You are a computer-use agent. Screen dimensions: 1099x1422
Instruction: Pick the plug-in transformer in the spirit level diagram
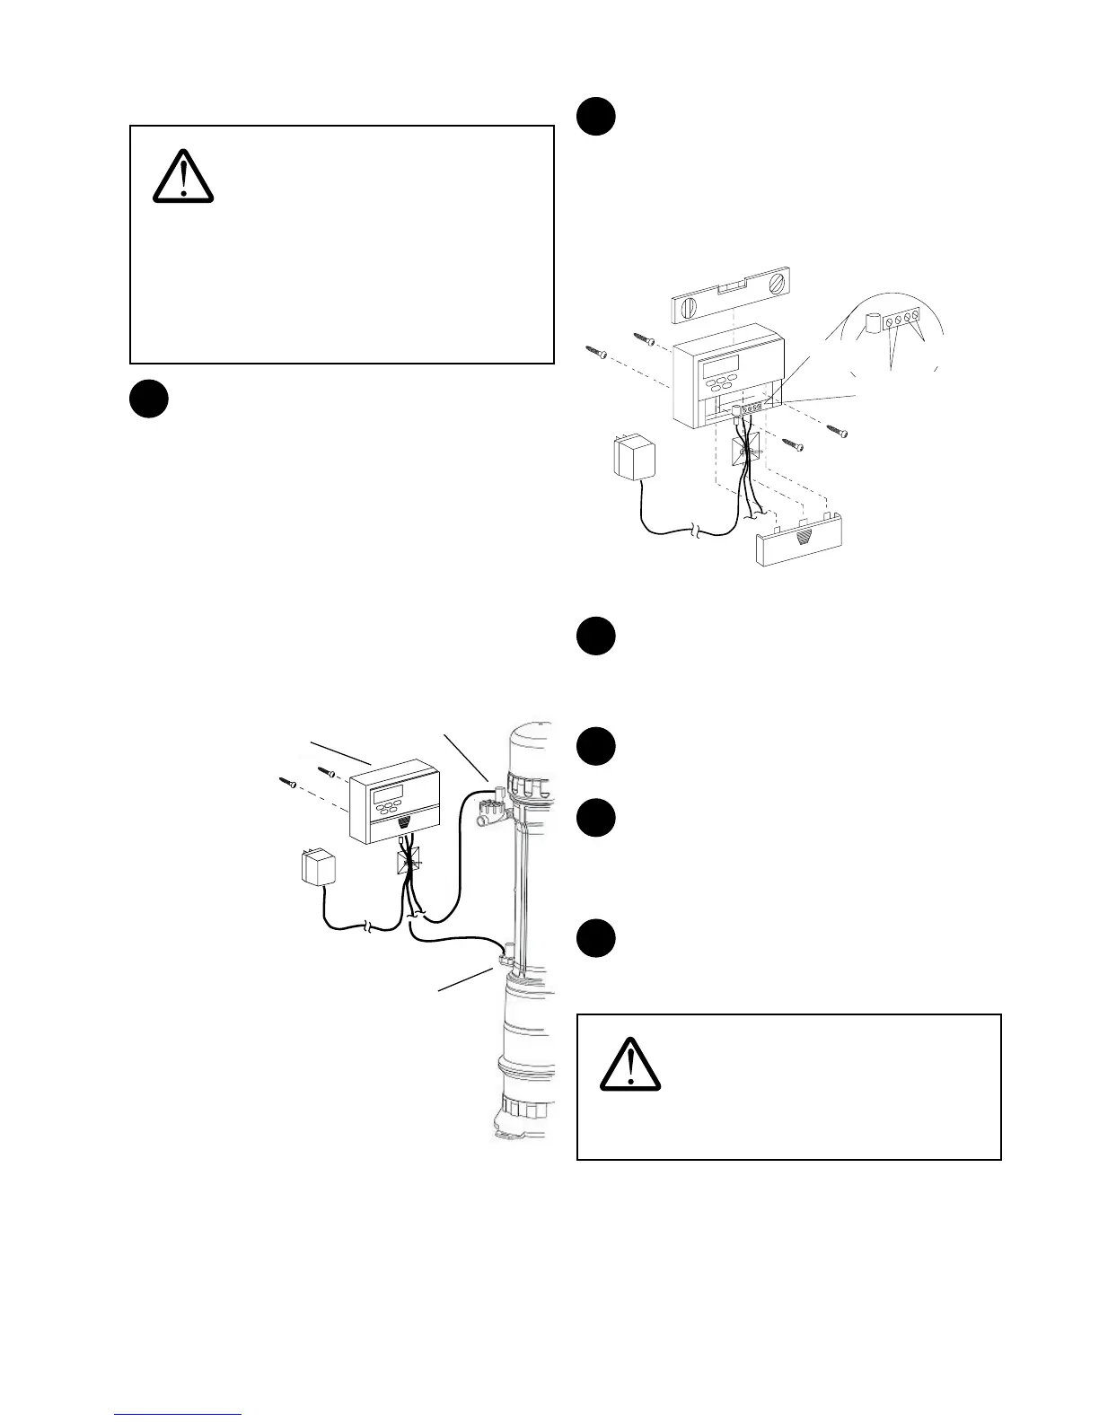633,457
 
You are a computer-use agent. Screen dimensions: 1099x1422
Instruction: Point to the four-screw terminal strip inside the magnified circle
901,320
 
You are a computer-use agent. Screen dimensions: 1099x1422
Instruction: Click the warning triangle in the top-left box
183,175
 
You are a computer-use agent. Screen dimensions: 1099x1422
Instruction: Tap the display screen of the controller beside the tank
389,794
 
